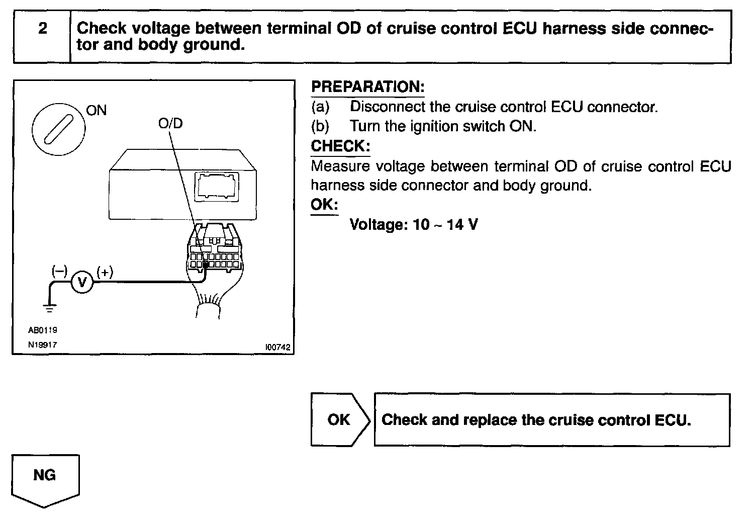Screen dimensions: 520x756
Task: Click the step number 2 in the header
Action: pyautogui.click(x=43, y=29)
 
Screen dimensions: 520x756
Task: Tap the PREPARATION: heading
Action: pyautogui.click(x=367, y=86)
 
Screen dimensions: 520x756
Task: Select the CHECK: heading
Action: pyautogui.click(x=340, y=146)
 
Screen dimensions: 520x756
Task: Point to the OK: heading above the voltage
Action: pyautogui.click(x=324, y=205)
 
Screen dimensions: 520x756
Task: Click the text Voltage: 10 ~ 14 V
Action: pyautogui.click(x=413, y=224)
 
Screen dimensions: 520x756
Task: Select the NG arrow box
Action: pyautogui.click(x=45, y=478)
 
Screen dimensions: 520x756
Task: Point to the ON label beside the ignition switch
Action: pyautogui.click(x=97, y=110)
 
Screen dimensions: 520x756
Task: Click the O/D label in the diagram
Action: pyautogui.click(x=170, y=123)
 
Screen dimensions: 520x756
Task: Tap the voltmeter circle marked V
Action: pyautogui.click(x=81, y=282)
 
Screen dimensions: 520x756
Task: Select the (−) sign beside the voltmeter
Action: pyautogui.click(x=59, y=272)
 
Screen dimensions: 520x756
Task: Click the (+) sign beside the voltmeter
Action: pyautogui.click(x=105, y=272)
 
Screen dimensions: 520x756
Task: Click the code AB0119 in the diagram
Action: pyautogui.click(x=43, y=330)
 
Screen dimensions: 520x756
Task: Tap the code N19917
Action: pyautogui.click(x=43, y=345)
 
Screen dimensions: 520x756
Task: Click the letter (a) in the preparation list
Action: pyautogui.click(x=320, y=107)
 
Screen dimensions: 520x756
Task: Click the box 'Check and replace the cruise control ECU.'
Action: pyautogui.click(x=551, y=420)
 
